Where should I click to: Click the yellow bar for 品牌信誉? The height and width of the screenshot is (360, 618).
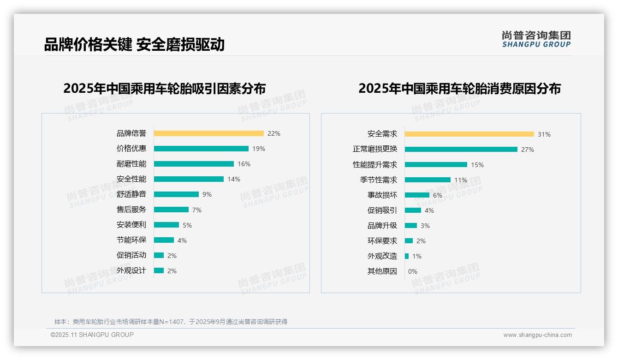tap(208, 133)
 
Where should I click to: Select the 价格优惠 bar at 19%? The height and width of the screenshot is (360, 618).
tap(201, 149)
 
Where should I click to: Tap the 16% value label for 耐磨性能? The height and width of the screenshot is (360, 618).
tap(244, 164)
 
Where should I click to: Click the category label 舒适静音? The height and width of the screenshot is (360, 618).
tap(131, 194)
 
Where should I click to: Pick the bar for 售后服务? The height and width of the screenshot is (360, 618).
tap(171, 210)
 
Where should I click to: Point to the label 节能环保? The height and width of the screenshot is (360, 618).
tap(131, 240)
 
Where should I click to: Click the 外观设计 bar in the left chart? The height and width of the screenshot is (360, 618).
tap(159, 270)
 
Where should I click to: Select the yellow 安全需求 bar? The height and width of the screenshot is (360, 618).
tap(469, 134)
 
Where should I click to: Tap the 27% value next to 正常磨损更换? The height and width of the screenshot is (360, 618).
tap(528, 150)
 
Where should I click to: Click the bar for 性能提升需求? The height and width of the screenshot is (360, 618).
tap(436, 165)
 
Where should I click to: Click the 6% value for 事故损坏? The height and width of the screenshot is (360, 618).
tap(437, 195)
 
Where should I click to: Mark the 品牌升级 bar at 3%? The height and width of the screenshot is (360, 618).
tap(411, 226)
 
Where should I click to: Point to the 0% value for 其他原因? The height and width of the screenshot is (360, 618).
tap(413, 271)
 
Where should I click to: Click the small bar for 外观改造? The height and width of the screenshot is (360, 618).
tap(407, 256)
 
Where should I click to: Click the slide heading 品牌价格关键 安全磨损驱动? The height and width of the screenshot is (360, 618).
tap(134, 45)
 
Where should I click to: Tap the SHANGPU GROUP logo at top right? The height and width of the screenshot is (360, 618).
tap(536, 39)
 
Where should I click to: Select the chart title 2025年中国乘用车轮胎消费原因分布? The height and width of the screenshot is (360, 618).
tap(459, 89)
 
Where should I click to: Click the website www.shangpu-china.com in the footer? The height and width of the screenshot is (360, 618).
tap(537, 335)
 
